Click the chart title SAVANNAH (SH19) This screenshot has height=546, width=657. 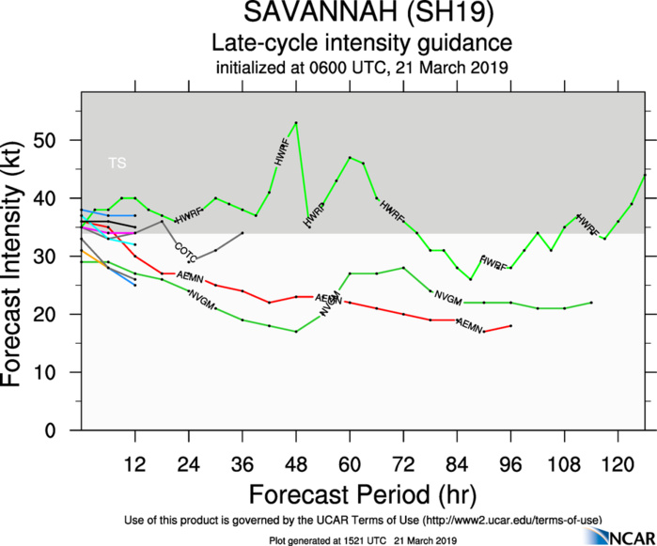pyautogui.click(x=362, y=15)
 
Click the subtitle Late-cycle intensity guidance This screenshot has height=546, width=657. pyautogui.click(x=362, y=43)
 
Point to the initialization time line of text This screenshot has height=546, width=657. pyautogui.click(x=362, y=67)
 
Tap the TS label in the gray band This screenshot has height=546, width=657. pyautogui.click(x=117, y=164)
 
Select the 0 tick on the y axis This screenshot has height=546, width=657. pyautogui.click(x=66, y=430)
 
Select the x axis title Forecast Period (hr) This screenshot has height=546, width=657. pyautogui.click(x=362, y=493)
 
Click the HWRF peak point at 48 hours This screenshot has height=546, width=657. pyautogui.click(x=296, y=122)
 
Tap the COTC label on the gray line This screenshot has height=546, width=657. pyautogui.click(x=185, y=251)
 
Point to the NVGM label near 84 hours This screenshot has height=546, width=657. pyautogui.click(x=448, y=299)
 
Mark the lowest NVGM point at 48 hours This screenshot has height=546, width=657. pyautogui.click(x=296, y=331)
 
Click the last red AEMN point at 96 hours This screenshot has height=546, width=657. pyautogui.click(x=510, y=325)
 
